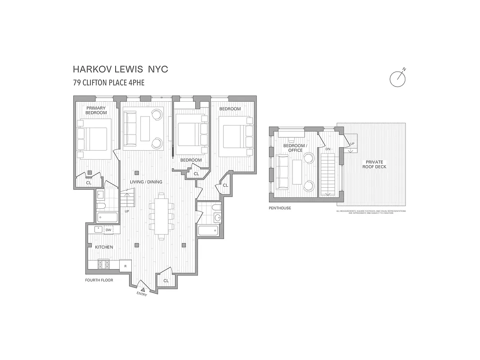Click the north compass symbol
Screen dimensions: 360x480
[398, 78]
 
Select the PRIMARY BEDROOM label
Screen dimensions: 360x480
[96, 110]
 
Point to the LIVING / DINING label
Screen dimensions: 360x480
[146, 182]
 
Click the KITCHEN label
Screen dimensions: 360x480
[103, 247]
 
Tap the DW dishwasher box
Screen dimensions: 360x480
[108, 230]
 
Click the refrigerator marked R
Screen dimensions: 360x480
[125, 266]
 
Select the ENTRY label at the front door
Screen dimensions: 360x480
[142, 294]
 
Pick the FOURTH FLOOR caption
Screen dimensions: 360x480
[99, 280]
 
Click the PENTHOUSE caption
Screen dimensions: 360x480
[280, 208]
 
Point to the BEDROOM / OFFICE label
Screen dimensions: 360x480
[296, 148]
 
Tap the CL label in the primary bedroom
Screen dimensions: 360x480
[89, 183]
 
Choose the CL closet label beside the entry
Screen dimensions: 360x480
[166, 280]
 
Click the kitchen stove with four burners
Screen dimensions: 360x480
[104, 265]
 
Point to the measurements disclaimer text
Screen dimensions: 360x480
[371, 211]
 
